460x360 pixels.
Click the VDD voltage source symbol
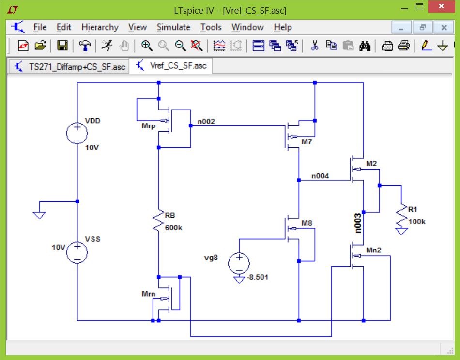pos(77,133)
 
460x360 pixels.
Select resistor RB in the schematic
pos(158,220)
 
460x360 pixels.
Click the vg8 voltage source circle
pos(239,263)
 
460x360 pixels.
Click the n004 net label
pos(320,176)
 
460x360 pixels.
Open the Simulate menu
pos(173,27)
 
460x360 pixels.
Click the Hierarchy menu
pos(100,27)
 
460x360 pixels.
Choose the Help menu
pos(283,27)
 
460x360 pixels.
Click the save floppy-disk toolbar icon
pos(62,46)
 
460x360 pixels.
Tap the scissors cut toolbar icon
pos(314,46)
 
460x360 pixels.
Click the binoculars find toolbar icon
pos(365,46)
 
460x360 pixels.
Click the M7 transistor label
pos(307,142)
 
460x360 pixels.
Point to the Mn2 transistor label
pos(373,250)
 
